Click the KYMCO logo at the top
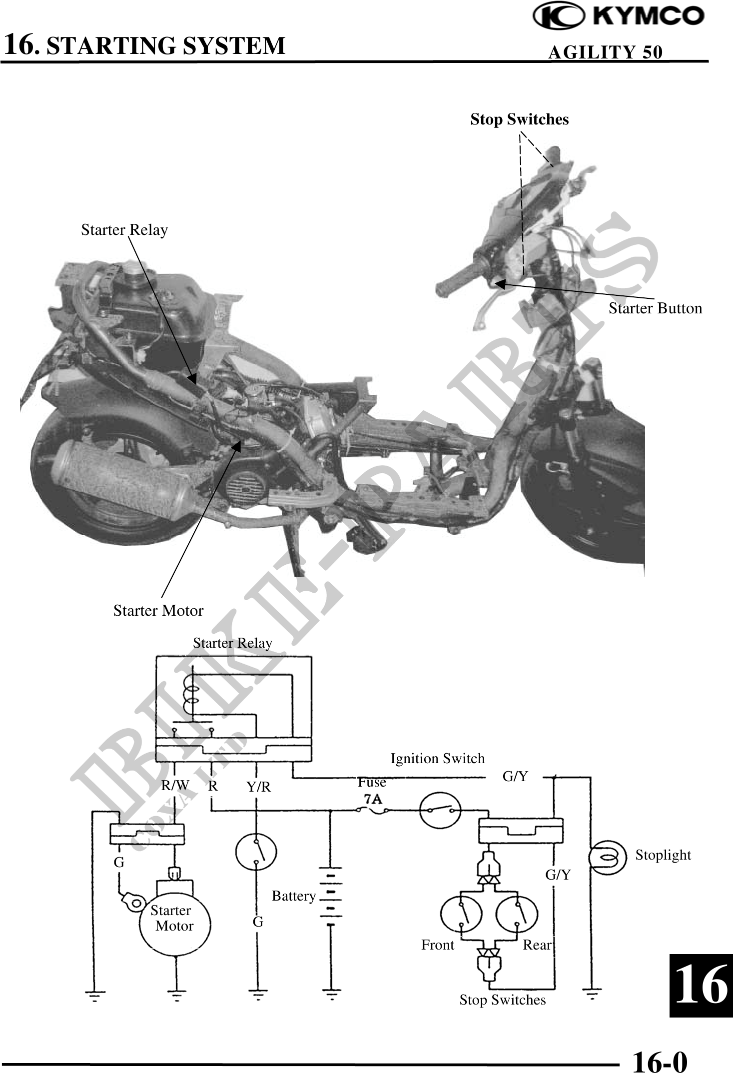[x=619, y=18]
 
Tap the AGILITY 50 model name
[x=606, y=52]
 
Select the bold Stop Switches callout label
[x=519, y=119]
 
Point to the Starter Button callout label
[x=655, y=308]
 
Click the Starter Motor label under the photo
[x=158, y=611]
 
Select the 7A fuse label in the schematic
[x=373, y=799]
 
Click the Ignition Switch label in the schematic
[x=437, y=759]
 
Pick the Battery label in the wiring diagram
[x=294, y=896]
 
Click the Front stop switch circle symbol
[x=461, y=914]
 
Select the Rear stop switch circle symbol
[x=517, y=914]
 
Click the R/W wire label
[x=175, y=786]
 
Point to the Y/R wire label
[x=259, y=787]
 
